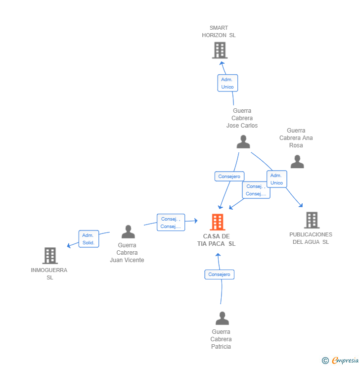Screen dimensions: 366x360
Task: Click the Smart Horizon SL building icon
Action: pyautogui.click(x=220, y=50)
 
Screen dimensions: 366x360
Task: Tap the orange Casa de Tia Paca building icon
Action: pyautogui.click(x=217, y=222)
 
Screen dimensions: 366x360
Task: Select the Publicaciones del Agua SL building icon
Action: pyautogui.click(x=311, y=220)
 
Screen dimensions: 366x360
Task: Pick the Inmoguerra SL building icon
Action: pyautogui.click(x=50, y=256)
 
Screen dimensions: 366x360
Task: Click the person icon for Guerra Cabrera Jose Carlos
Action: pyautogui.click(x=243, y=142)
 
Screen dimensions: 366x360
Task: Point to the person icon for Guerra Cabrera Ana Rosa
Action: pyautogui.click(x=297, y=162)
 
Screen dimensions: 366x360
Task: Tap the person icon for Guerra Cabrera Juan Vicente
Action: pyautogui.click(x=128, y=231)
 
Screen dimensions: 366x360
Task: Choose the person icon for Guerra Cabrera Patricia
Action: pyautogui.click(x=222, y=318)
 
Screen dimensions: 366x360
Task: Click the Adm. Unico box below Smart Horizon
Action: pyautogui.click(x=227, y=83)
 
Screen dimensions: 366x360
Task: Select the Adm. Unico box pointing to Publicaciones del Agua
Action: pyautogui.click(x=276, y=179)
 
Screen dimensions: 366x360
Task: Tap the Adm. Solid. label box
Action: pyautogui.click(x=89, y=239)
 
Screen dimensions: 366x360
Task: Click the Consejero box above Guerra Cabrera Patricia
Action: pyautogui.click(x=219, y=274)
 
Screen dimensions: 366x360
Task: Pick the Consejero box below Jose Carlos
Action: pyautogui.click(x=229, y=176)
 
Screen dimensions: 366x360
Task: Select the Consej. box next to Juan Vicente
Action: pyautogui.click(x=171, y=223)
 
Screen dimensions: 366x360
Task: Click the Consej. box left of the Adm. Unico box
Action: pyautogui.click(x=256, y=190)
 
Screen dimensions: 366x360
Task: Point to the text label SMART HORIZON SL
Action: pyautogui.click(x=219, y=32)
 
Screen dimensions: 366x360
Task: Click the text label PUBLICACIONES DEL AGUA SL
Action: pyautogui.click(x=311, y=238)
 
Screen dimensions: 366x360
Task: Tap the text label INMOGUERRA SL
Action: pyautogui.click(x=49, y=274)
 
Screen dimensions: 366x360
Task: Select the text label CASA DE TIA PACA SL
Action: pyautogui.click(x=217, y=240)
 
